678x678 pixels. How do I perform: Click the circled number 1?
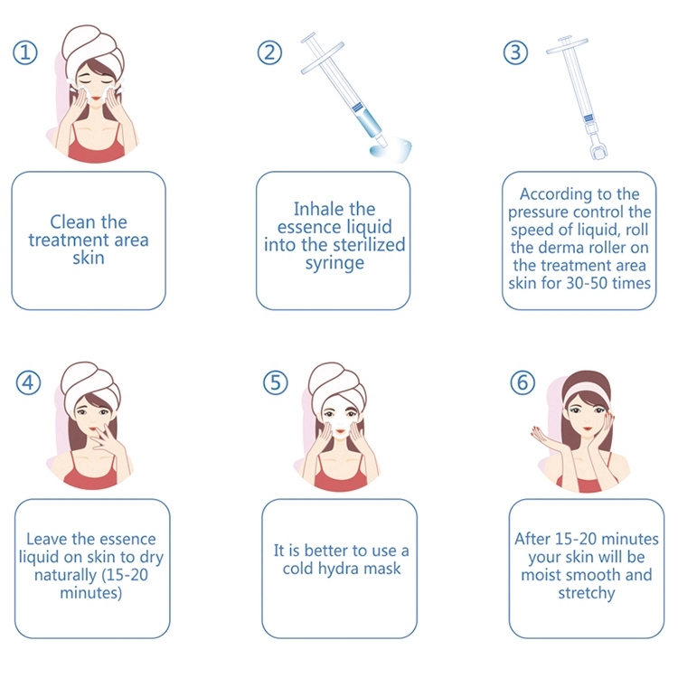click(25, 52)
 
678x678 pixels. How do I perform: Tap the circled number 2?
click(269, 52)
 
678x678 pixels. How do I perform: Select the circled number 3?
click(515, 52)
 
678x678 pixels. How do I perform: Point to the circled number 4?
click(29, 382)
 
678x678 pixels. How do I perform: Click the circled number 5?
click(276, 382)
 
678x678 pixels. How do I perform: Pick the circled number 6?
click(523, 382)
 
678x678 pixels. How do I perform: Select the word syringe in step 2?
click(334, 264)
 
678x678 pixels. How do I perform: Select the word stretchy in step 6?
click(587, 593)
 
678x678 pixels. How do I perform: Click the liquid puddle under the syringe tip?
click(391, 149)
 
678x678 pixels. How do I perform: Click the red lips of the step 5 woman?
click(341, 431)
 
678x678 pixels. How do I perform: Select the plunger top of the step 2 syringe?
click(308, 38)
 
